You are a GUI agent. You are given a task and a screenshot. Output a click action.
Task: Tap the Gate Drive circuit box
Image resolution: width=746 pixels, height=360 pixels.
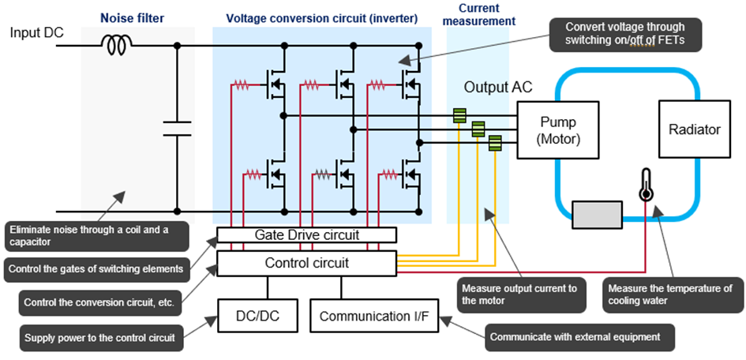[x=306, y=234]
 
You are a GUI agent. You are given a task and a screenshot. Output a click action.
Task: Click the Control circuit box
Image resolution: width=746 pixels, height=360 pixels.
[x=306, y=263]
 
